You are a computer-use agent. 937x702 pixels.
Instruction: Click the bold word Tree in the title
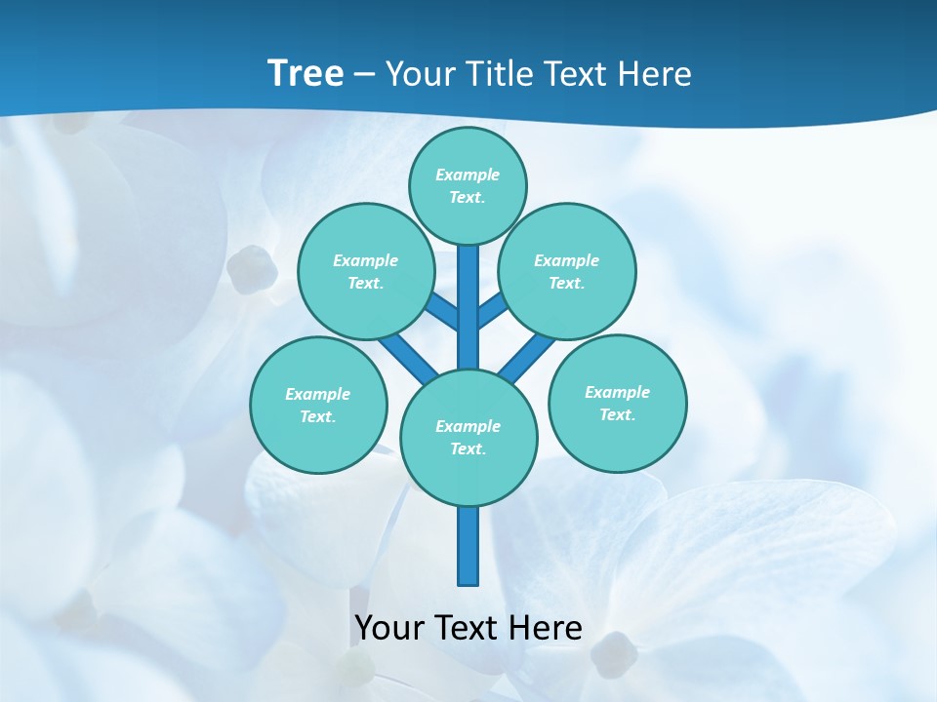pos(306,74)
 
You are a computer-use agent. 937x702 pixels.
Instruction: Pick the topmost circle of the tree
pos(468,185)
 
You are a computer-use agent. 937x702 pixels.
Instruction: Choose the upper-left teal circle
pos(366,271)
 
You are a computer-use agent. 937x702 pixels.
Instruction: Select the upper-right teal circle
pos(567,271)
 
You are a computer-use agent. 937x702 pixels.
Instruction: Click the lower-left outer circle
pos(318,405)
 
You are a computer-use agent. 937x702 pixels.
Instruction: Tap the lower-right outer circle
pos(617,403)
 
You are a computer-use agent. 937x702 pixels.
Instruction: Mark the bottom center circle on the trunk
pos(468,438)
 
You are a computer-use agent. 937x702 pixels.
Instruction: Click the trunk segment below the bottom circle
pos(468,546)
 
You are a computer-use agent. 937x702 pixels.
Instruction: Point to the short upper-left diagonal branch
pos(442,309)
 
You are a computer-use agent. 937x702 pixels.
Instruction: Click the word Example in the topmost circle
pos(468,175)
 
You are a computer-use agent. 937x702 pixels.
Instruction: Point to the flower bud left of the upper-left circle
pos(252,268)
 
